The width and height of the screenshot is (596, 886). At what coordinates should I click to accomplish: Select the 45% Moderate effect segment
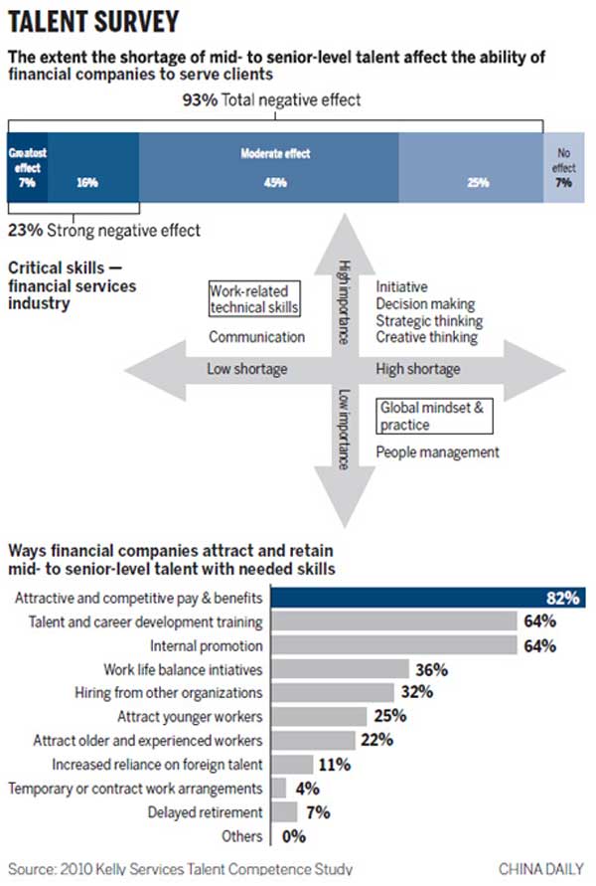click(268, 168)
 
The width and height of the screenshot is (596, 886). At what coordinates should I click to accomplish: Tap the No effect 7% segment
click(563, 168)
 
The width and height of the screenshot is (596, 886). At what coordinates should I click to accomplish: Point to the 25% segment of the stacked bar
click(470, 168)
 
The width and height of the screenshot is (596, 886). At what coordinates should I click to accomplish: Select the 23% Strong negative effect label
click(104, 231)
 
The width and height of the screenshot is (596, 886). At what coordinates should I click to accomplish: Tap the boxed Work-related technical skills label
click(253, 299)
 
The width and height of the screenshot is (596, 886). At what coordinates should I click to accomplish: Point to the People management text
click(437, 452)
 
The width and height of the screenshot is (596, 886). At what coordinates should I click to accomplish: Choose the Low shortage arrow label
click(246, 369)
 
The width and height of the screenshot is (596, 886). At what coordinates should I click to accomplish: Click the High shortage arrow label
click(418, 369)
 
